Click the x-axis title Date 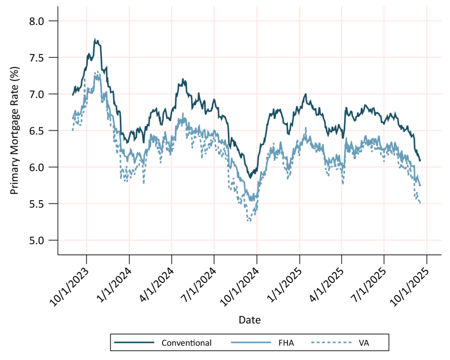coord(250,320)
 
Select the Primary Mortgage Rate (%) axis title coord(15,138)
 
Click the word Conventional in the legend coord(186,343)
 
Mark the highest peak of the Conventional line coord(95,39)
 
